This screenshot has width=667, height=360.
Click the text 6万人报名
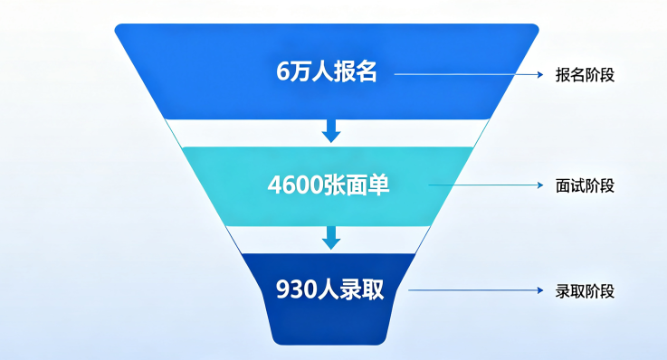click(327, 71)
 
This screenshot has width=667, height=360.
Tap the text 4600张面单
click(329, 185)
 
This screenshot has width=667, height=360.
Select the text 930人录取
click(329, 289)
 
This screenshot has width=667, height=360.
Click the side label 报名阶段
click(585, 75)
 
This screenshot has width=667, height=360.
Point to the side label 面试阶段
click(585, 185)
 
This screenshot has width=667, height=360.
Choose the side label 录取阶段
click(585, 291)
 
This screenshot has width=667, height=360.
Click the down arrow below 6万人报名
click(331, 131)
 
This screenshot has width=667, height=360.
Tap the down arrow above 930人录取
click(331, 238)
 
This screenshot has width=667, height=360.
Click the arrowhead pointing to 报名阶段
click(540, 75)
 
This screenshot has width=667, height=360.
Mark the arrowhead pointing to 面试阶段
click(540, 185)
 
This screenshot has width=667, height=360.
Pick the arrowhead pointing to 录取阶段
click(540, 290)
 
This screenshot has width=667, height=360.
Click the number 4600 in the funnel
click(295, 185)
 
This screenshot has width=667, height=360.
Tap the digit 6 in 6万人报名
click(282, 71)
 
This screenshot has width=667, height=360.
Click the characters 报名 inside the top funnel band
click(355, 71)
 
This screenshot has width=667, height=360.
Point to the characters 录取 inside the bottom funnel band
click(362, 289)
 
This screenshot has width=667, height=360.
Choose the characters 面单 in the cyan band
click(367, 185)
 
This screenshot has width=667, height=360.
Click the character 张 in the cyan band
click(334, 185)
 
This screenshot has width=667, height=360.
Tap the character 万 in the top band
click(300, 71)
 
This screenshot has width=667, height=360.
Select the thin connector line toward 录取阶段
click(475, 290)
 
